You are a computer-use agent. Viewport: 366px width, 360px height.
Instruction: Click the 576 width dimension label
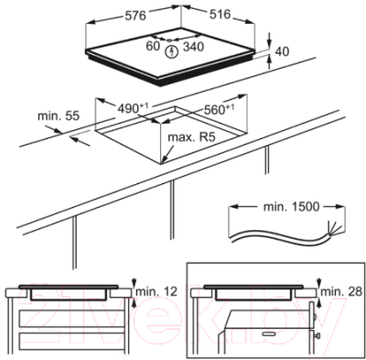pos(135,16)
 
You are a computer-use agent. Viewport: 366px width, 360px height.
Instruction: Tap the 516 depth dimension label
pos(220,14)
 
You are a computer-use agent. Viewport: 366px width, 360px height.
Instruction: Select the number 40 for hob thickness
pos(282,51)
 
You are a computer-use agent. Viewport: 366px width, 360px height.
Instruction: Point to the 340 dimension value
pos(193,47)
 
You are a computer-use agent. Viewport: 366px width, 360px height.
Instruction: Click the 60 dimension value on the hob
pos(153,46)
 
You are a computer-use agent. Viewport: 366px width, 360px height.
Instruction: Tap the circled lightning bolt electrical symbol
pos(172,52)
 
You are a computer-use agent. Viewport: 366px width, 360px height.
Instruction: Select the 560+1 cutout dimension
pos(219,109)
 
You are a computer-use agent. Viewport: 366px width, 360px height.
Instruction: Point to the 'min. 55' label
pos(59,116)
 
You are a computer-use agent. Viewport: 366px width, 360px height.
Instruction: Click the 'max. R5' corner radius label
pos(191,137)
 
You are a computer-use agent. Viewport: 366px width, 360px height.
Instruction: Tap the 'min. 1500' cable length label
pos(291,207)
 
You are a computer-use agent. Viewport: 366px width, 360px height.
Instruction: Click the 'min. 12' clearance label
pos(156,291)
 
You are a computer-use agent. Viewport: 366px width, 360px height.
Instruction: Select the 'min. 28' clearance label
pos(341,291)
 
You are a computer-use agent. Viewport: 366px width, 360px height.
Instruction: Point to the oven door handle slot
pos(270,334)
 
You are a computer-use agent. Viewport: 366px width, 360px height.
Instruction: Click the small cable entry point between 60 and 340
pos(169,39)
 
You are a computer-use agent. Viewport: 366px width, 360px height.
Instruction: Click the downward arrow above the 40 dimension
pos(269,39)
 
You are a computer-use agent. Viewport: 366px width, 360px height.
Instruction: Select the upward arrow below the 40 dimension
pos(270,62)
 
